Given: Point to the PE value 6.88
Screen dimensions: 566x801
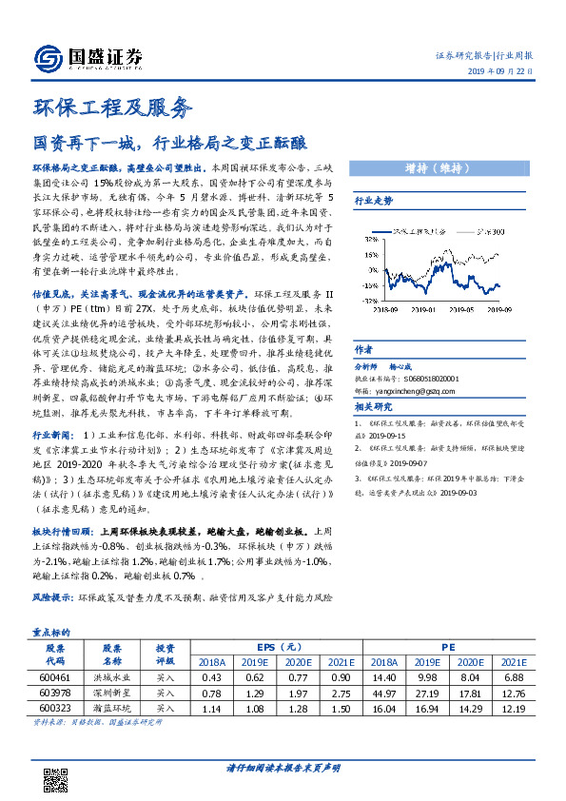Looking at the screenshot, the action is click(514, 676).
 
